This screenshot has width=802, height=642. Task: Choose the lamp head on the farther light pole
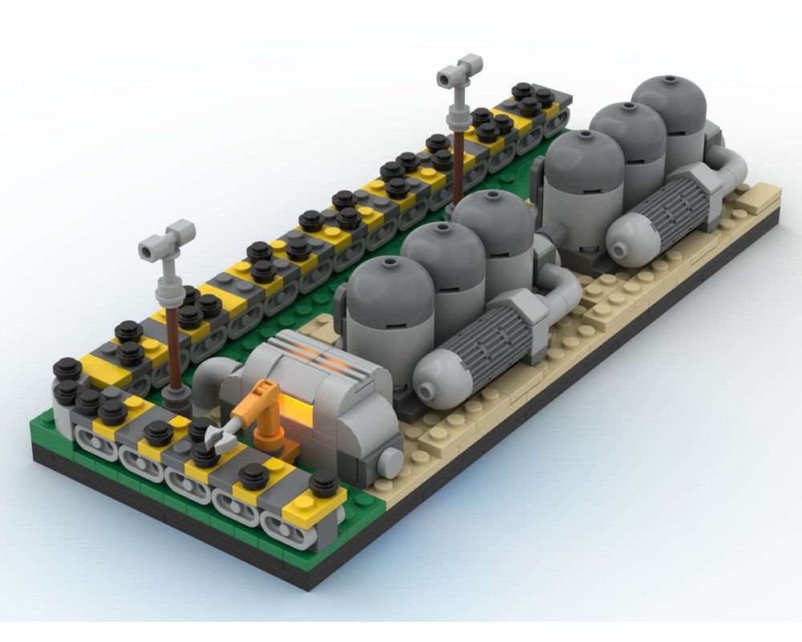460,72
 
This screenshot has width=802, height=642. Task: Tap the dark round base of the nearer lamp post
177,398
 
